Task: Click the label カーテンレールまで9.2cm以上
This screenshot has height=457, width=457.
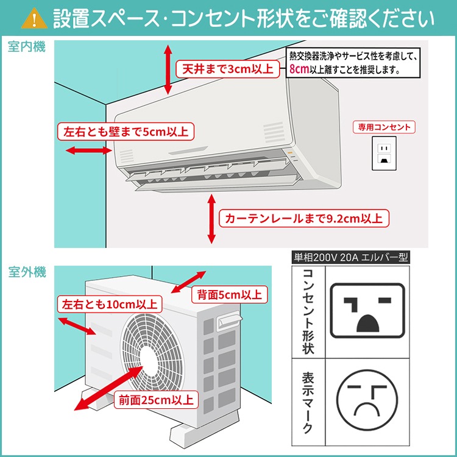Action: (x=304, y=218)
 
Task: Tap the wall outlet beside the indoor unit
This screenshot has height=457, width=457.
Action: (x=384, y=153)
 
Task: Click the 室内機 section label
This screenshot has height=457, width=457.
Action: (x=26, y=48)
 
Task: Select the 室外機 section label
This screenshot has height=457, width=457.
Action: (x=26, y=272)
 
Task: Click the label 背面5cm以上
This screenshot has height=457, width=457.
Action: (x=228, y=295)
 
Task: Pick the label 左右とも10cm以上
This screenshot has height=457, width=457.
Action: (x=109, y=303)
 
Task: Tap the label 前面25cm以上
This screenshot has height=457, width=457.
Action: (x=156, y=400)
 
